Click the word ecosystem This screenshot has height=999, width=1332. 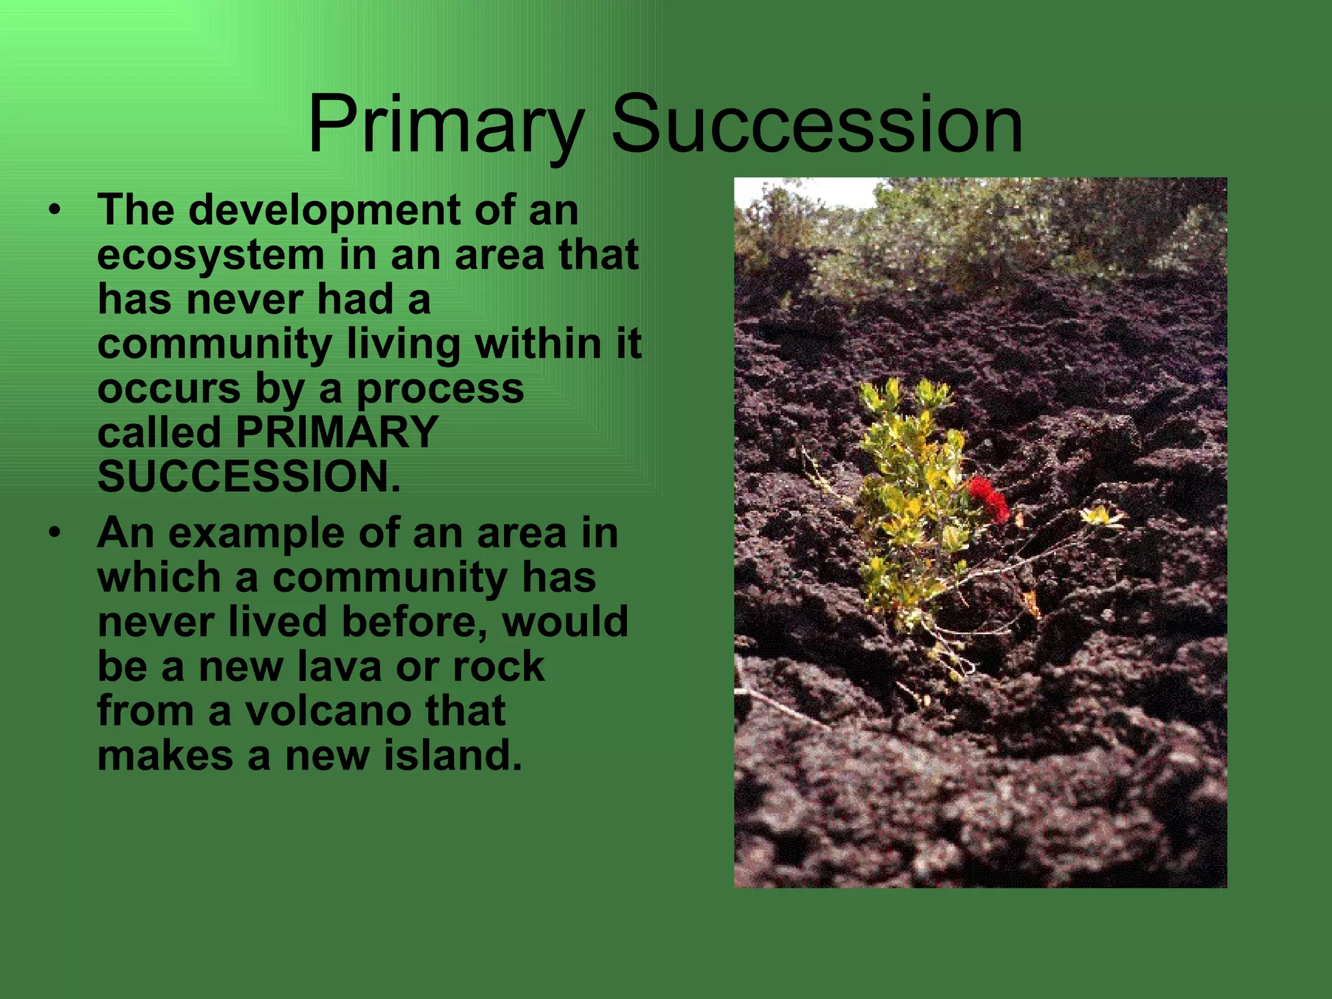(x=210, y=255)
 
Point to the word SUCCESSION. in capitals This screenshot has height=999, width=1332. (x=248, y=477)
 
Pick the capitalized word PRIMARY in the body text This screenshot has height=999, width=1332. (x=336, y=432)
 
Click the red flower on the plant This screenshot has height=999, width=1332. (x=988, y=497)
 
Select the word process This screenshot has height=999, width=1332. (x=440, y=389)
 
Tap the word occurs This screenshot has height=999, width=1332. (x=168, y=389)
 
